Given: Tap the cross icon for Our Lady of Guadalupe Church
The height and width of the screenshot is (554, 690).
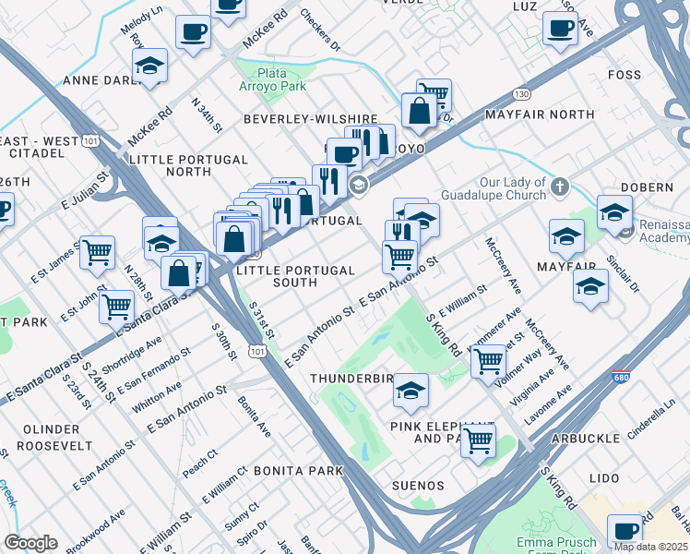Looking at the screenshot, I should pos(559,188).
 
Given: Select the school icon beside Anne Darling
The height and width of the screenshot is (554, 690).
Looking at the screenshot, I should pos(149,66).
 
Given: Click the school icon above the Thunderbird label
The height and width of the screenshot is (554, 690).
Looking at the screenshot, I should pos(410,391).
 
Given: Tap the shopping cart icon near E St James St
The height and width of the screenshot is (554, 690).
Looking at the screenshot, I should pos(97,252).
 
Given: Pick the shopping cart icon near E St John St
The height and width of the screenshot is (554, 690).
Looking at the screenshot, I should pos(116,307).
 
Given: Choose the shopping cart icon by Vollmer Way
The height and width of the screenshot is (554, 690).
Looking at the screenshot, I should pos(488,360).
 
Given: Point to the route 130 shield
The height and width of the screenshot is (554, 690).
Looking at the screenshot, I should pos(522,94).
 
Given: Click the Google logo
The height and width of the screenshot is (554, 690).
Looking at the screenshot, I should pos(30,543).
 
